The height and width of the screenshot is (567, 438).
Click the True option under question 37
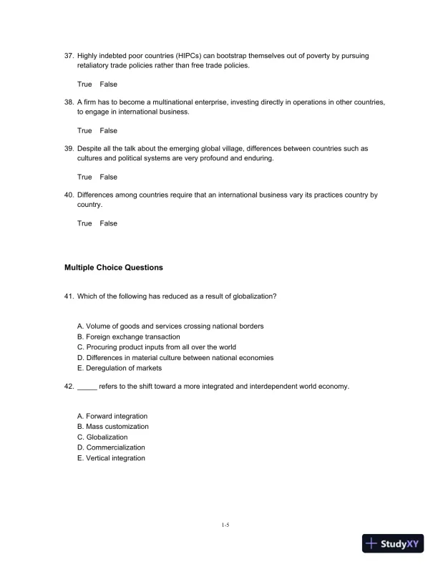84,84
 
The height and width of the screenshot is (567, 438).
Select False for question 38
108,131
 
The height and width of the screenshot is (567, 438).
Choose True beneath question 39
84,177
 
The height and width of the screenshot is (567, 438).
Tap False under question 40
108,223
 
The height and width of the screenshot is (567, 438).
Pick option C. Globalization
102,437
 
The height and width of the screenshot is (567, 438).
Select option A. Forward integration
112,416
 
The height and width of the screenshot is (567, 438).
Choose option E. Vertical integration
111,458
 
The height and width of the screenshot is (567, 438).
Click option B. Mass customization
113,427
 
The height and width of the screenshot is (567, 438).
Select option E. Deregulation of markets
120,368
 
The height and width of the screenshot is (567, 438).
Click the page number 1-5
225,525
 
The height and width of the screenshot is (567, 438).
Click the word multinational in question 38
174,102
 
